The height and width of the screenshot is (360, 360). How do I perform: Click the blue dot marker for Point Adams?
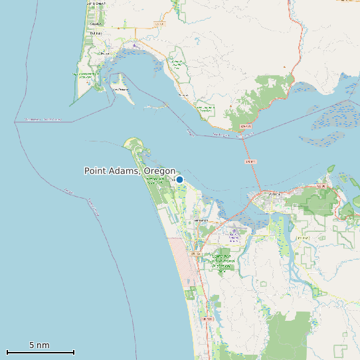pos(179,179)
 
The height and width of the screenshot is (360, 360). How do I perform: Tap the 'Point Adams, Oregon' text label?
pos(130,171)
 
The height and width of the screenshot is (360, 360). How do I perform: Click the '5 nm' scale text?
pos(39,345)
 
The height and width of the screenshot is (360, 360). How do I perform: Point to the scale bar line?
pos(40,352)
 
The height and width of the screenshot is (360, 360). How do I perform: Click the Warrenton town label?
pos(201,221)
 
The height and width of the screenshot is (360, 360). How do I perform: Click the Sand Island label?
pos(120,89)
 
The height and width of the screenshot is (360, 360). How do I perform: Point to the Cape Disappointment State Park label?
pos(85,76)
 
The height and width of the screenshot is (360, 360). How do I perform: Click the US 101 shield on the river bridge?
pos(250,161)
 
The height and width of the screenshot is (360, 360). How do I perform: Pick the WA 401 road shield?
pos(246,125)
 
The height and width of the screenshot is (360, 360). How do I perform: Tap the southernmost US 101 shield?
pos(208,319)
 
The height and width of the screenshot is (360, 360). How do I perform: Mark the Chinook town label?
pos(183,96)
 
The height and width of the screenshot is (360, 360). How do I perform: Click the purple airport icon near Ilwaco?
pos(135,45)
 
